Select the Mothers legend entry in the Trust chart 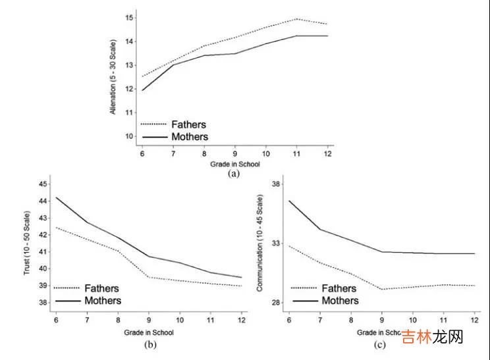[99, 300]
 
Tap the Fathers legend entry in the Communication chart [338, 288]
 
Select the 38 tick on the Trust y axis [43, 303]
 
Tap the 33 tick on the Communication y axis [277, 243]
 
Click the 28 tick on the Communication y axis [277, 303]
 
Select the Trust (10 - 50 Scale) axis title [28, 242]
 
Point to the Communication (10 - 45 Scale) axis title [261, 242]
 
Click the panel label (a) [234, 174]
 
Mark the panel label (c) [380, 344]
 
